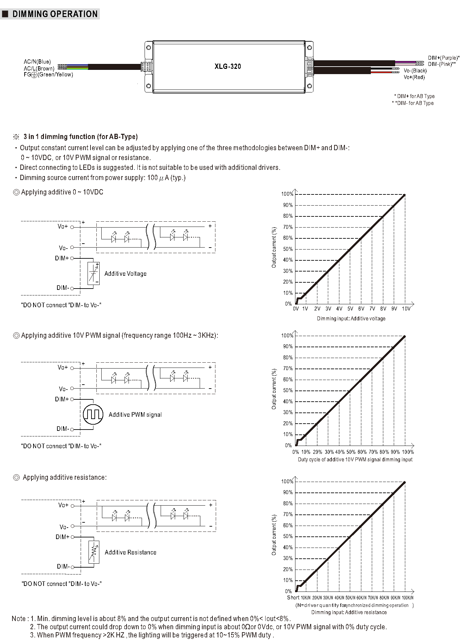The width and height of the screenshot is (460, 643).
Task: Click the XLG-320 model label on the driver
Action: pyautogui.click(x=228, y=67)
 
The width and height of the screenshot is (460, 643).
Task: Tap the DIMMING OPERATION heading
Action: pyautogui.click(x=55, y=14)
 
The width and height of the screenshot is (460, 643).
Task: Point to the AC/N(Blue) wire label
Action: pyautogui.click(x=37, y=62)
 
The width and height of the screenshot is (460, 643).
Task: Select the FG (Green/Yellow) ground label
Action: pyautogui.click(x=48, y=75)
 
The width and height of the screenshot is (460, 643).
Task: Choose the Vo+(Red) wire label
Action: pyautogui.click(x=414, y=77)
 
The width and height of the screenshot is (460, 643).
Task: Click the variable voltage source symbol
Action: pyautogui.click(x=94, y=273)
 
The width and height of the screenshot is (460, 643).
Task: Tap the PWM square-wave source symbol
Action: pyautogui.click(x=93, y=414)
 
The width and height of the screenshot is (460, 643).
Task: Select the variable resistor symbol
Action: pyautogui.click(x=94, y=552)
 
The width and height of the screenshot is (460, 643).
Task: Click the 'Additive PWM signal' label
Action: pyautogui.click(x=135, y=415)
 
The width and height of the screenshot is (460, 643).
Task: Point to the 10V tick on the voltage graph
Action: pyautogui.click(x=406, y=309)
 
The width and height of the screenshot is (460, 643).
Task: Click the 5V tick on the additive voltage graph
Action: pyautogui.click(x=350, y=309)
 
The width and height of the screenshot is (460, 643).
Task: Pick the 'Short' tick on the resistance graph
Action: pyautogui.click(x=293, y=597)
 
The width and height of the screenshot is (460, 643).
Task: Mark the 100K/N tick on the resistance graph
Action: pyautogui.click(x=408, y=598)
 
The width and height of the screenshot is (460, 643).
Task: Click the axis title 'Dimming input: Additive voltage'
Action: pyautogui.click(x=351, y=319)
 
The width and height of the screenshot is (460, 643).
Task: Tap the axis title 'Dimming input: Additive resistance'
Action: pyautogui.click(x=349, y=613)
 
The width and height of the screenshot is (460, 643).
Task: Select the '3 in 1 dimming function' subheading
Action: pyautogui.click(x=80, y=137)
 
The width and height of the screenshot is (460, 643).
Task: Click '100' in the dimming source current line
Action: pyautogui.click(x=152, y=178)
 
